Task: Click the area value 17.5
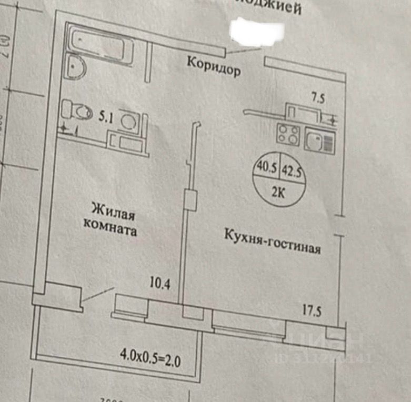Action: (312, 308)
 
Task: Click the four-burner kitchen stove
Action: (287, 134)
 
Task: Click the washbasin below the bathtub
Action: (77, 67)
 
